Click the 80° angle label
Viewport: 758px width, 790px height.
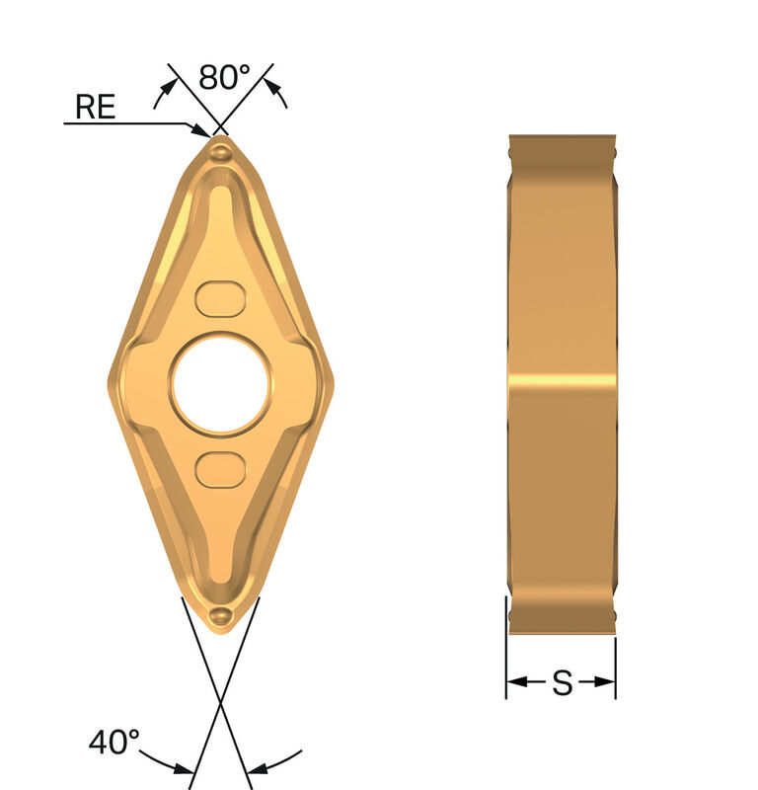[x=225, y=77]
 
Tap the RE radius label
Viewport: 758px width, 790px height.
[x=96, y=107]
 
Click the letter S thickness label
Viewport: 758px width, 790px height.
[x=562, y=682]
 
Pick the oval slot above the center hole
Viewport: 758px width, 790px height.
[x=219, y=296]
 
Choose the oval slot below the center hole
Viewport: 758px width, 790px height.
[x=219, y=468]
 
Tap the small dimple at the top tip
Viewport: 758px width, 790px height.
[x=221, y=151]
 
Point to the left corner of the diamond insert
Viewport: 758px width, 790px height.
[x=111, y=385]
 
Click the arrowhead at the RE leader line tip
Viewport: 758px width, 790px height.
[x=203, y=128]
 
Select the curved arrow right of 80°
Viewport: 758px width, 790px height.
[x=280, y=94]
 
